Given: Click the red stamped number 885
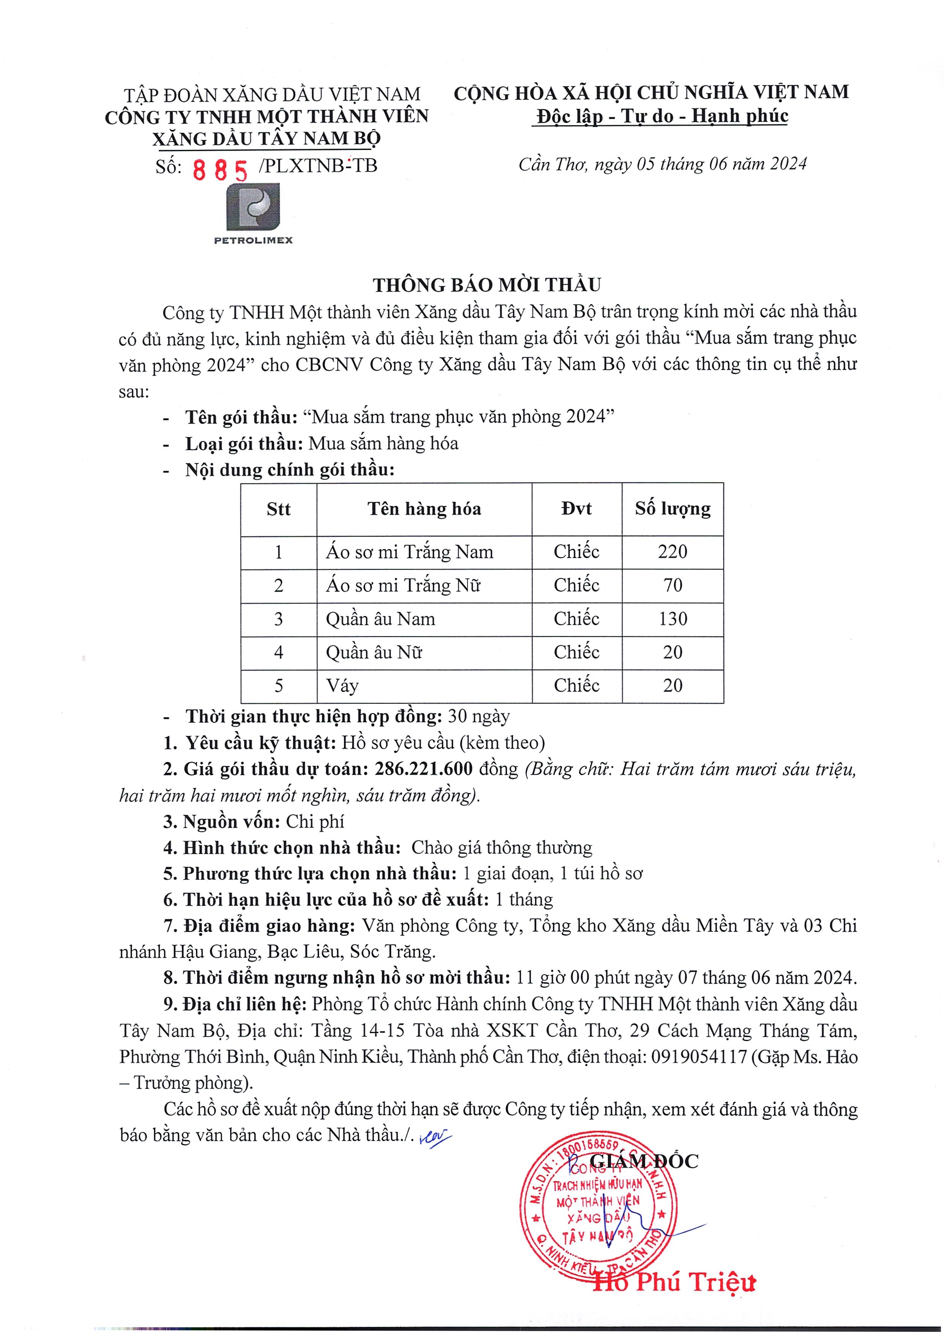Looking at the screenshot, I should [220, 170].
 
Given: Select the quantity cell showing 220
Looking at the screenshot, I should [673, 551].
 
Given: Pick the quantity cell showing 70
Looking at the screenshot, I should [673, 585].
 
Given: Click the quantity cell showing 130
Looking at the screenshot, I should [673, 619].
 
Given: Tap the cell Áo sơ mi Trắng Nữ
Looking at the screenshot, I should [403, 585].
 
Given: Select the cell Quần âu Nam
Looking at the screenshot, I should [381, 619].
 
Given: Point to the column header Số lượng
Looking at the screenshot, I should [673, 509].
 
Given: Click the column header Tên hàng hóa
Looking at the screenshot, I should [424, 509].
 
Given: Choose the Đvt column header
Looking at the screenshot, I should [577, 509].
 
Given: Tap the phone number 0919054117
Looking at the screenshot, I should [699, 1057].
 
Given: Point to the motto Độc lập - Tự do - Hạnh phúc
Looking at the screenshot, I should [662, 116].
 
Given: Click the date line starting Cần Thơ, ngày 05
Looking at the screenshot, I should [663, 164].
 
